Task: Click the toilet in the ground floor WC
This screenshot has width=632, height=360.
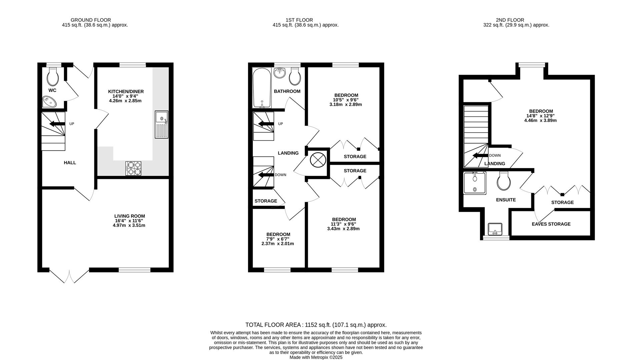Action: coord(53,76)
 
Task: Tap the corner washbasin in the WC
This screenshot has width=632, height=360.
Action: coord(50,101)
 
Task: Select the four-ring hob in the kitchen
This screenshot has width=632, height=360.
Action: coord(133,168)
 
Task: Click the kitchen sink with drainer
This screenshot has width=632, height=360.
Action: coord(162,125)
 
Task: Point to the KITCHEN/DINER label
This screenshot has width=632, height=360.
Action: coord(126,91)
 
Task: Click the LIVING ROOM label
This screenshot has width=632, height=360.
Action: coord(129,216)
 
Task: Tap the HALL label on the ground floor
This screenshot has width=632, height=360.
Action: coord(70,163)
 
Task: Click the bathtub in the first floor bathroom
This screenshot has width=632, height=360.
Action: coord(262,88)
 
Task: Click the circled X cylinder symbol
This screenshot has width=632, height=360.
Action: coord(318,160)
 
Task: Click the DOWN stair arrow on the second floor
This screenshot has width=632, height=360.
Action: coord(480,155)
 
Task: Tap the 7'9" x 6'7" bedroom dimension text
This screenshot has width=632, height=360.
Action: coord(278,239)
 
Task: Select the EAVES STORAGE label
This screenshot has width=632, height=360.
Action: coord(551,224)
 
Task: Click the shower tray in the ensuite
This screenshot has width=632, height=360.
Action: coord(475,183)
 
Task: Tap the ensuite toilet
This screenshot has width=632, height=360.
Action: coord(504,181)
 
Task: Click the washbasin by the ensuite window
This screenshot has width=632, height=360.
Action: coord(495,229)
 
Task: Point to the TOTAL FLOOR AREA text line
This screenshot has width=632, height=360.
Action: coord(316,325)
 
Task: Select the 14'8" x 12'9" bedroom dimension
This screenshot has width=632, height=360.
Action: coord(540,116)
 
